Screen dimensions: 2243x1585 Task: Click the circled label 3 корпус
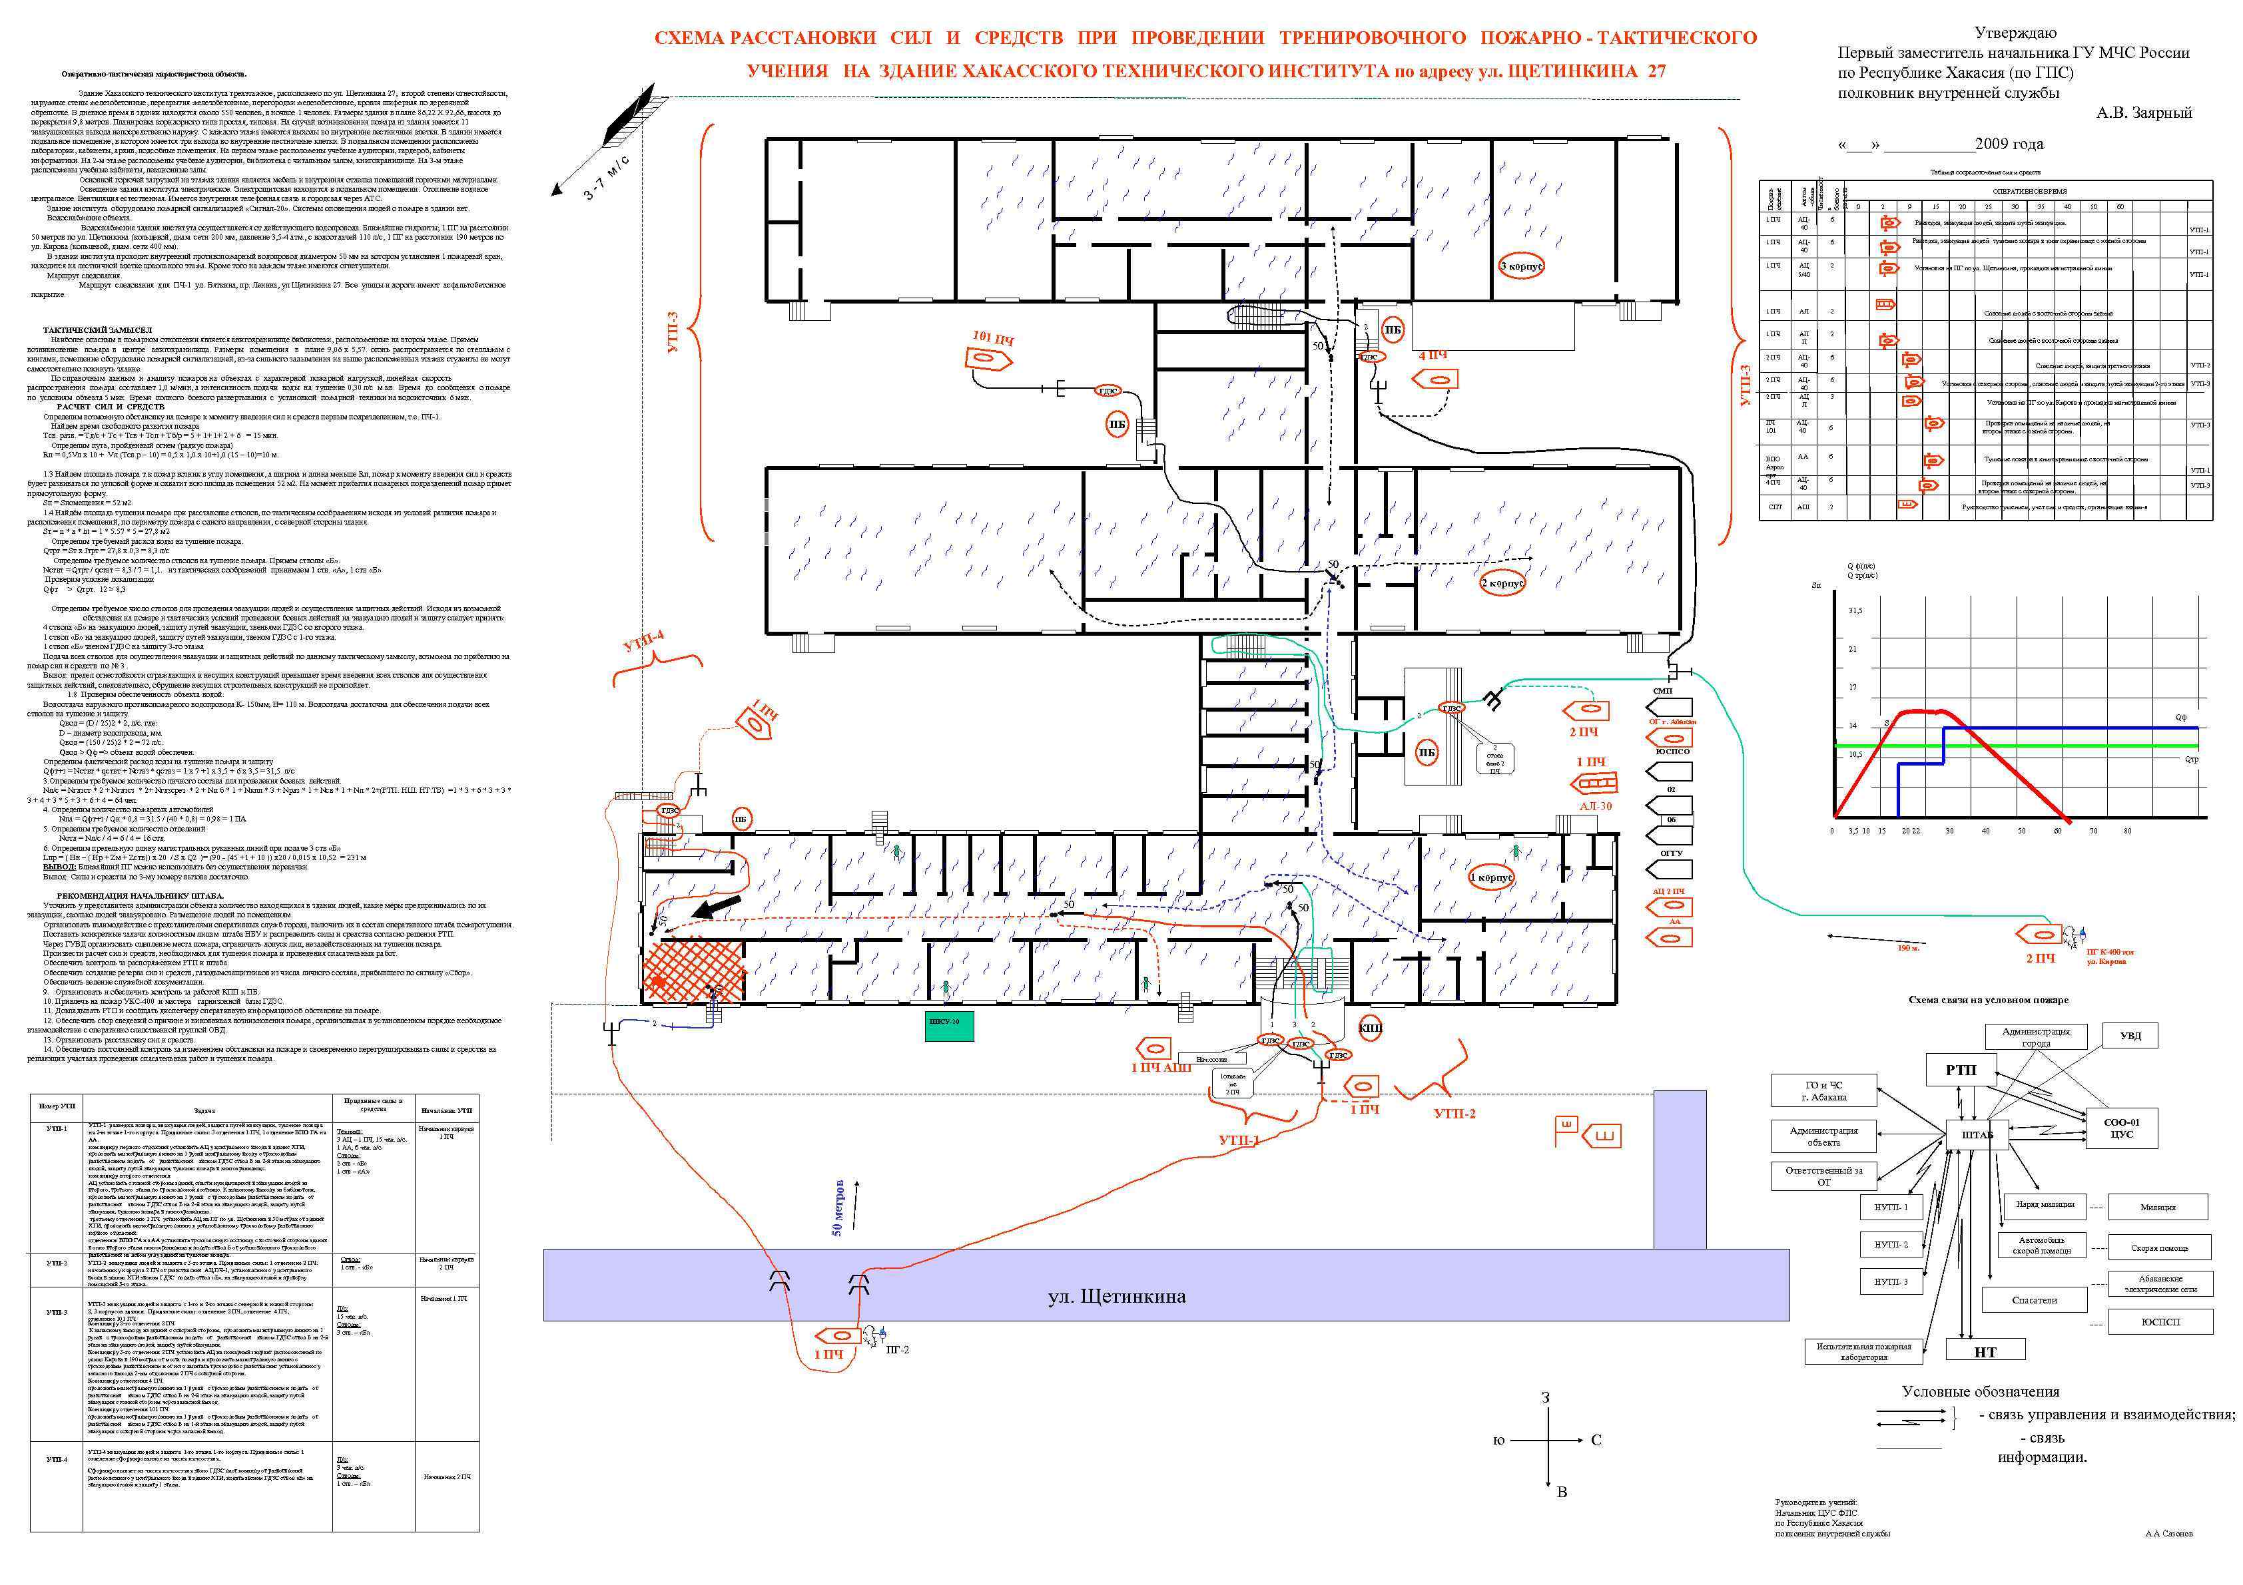[x=1521, y=266]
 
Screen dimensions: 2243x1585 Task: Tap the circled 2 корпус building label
[x=1502, y=583]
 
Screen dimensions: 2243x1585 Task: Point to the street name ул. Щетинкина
[x=1117, y=1296]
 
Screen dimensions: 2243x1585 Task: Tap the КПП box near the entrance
[x=1371, y=1028]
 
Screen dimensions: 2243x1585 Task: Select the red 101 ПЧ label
[x=992, y=338]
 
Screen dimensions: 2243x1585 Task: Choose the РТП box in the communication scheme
[x=1960, y=1069]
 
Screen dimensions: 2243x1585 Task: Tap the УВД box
[x=2130, y=1035]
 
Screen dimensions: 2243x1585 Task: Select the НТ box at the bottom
[x=1984, y=1351]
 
